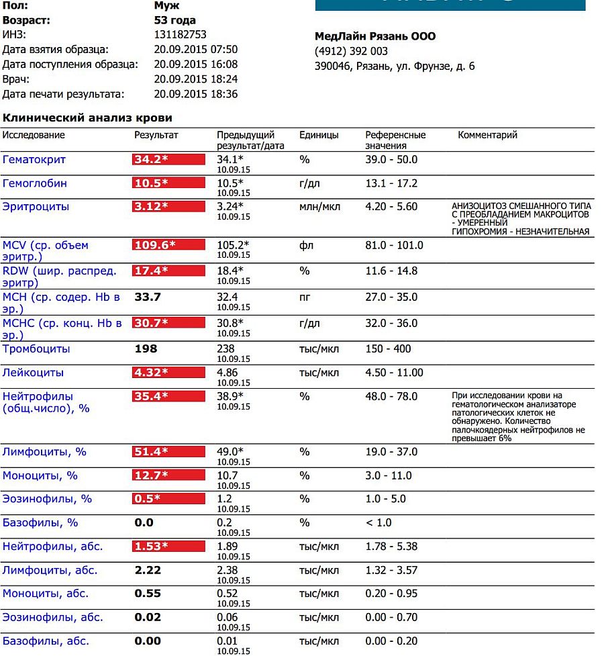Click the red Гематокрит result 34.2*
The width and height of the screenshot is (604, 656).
pyautogui.click(x=168, y=160)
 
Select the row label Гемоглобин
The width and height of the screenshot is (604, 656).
pyautogui.click(x=35, y=183)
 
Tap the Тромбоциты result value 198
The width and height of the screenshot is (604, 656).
pyautogui.click(x=146, y=349)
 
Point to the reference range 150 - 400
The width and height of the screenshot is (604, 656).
pyautogui.click(x=388, y=349)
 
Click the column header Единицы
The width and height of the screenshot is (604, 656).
pyautogui.click(x=319, y=135)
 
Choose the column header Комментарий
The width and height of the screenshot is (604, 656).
pyautogui.click(x=487, y=135)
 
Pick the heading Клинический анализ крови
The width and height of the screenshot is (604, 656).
pyautogui.click(x=87, y=118)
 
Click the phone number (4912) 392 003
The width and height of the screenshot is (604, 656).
pyautogui.click(x=351, y=52)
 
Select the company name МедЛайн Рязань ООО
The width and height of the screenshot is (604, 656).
pyautogui.click(x=374, y=36)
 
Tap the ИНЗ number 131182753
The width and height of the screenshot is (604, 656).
pyautogui.click(x=180, y=35)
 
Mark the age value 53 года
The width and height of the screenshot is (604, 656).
pyautogui.click(x=174, y=20)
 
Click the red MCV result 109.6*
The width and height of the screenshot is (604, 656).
pyautogui.click(x=168, y=245)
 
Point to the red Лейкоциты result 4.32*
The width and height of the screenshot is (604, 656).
pyautogui.click(x=168, y=373)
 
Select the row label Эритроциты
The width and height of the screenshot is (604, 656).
pyautogui.click(x=36, y=207)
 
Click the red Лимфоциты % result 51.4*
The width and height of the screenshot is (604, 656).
pyautogui.click(x=168, y=452)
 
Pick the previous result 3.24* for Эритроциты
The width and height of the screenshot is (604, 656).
pyautogui.click(x=230, y=207)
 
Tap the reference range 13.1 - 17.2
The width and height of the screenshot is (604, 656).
pyautogui.click(x=391, y=183)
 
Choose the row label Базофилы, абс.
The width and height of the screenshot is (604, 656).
pyautogui.click(x=46, y=641)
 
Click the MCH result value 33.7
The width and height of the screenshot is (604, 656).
pyautogui.click(x=148, y=297)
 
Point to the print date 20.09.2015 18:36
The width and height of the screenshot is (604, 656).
pyautogui.click(x=195, y=94)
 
